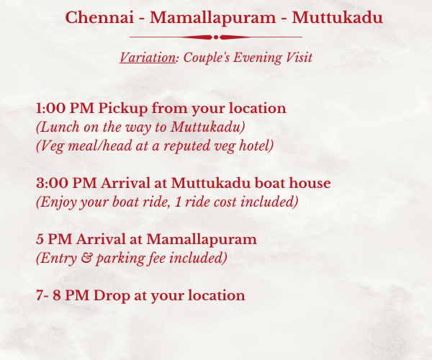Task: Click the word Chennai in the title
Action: (99, 17)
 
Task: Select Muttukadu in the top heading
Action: (337, 17)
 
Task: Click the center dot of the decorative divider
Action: (216, 37)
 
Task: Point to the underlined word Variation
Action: (148, 58)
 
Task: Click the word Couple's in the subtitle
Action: (207, 58)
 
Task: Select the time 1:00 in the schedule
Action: (51, 108)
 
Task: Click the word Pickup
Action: (123, 109)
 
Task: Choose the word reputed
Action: (187, 146)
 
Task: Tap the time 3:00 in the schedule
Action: (52, 183)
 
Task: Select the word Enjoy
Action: (58, 202)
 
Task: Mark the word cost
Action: (225, 202)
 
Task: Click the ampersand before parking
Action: (86, 258)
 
